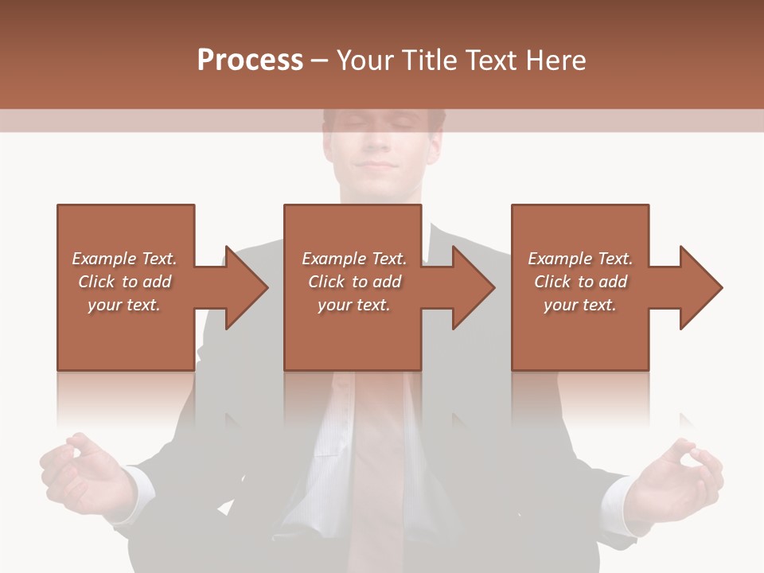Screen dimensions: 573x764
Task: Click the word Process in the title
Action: (250, 60)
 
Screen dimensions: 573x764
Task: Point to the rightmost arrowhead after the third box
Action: (700, 287)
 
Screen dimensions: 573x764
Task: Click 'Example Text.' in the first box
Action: (124, 259)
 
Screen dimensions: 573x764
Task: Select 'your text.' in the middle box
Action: (353, 305)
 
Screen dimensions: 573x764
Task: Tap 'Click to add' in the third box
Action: (581, 282)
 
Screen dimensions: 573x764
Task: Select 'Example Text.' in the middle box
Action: (354, 259)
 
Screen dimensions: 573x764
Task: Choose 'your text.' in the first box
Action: (124, 305)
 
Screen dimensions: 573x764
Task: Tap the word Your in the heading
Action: (364, 60)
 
